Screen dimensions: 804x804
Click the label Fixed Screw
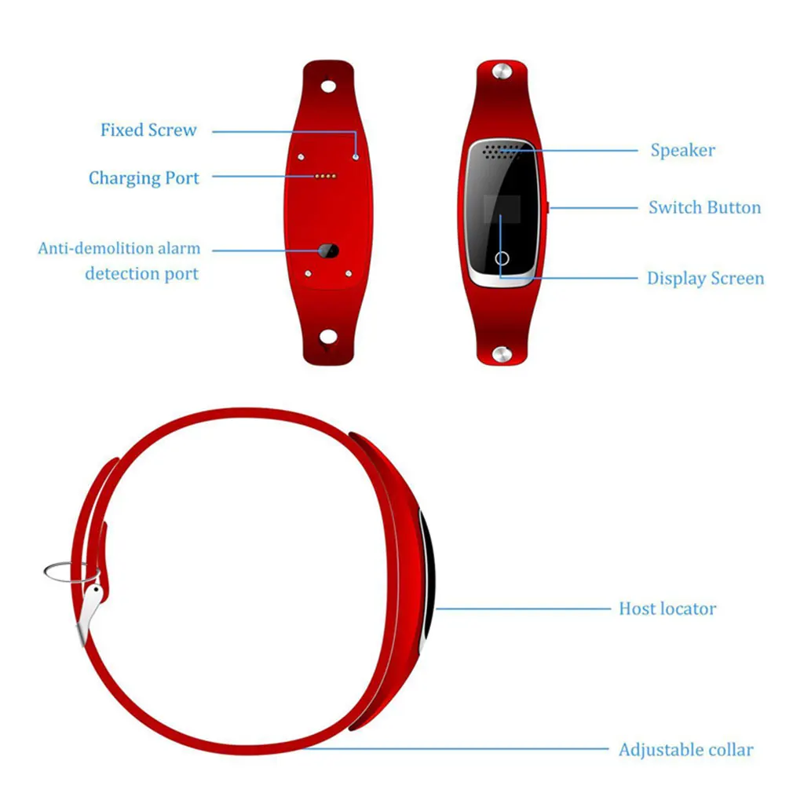point(148,130)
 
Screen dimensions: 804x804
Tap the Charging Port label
point(144,178)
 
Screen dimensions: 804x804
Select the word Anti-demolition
point(97,249)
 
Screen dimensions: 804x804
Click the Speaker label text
point(682,150)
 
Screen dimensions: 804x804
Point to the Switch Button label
point(704,208)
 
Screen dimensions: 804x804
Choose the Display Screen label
point(705,279)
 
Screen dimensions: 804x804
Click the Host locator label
point(667,608)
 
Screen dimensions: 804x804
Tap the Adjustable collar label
point(685,750)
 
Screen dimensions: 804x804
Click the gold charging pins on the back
point(326,177)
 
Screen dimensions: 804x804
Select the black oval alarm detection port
point(327,251)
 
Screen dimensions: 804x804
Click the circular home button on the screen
point(502,257)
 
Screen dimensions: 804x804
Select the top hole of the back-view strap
point(327,84)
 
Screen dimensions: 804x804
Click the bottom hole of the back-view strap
point(327,338)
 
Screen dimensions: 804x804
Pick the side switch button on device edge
point(546,207)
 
